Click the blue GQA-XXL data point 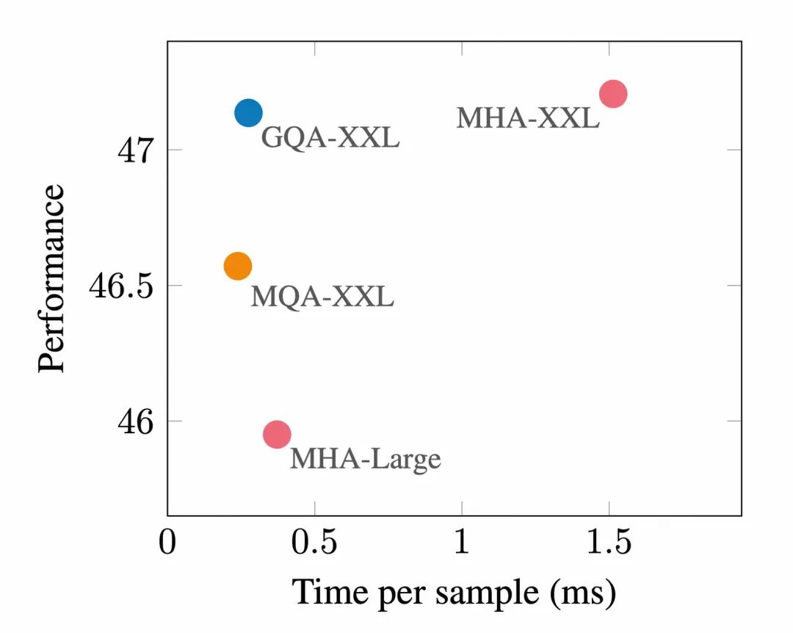point(248,113)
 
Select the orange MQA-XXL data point point(238,266)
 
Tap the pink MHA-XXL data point point(612,94)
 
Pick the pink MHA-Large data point point(277,434)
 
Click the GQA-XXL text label point(330,137)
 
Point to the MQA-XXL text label point(322,297)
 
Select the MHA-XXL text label point(527,117)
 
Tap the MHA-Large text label point(365,459)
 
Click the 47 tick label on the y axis point(134,152)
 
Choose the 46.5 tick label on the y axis point(120,286)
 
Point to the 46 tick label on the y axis point(134,422)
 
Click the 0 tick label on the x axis point(168,544)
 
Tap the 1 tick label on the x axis point(462,544)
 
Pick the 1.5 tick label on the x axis point(609,544)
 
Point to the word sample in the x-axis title point(481,593)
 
